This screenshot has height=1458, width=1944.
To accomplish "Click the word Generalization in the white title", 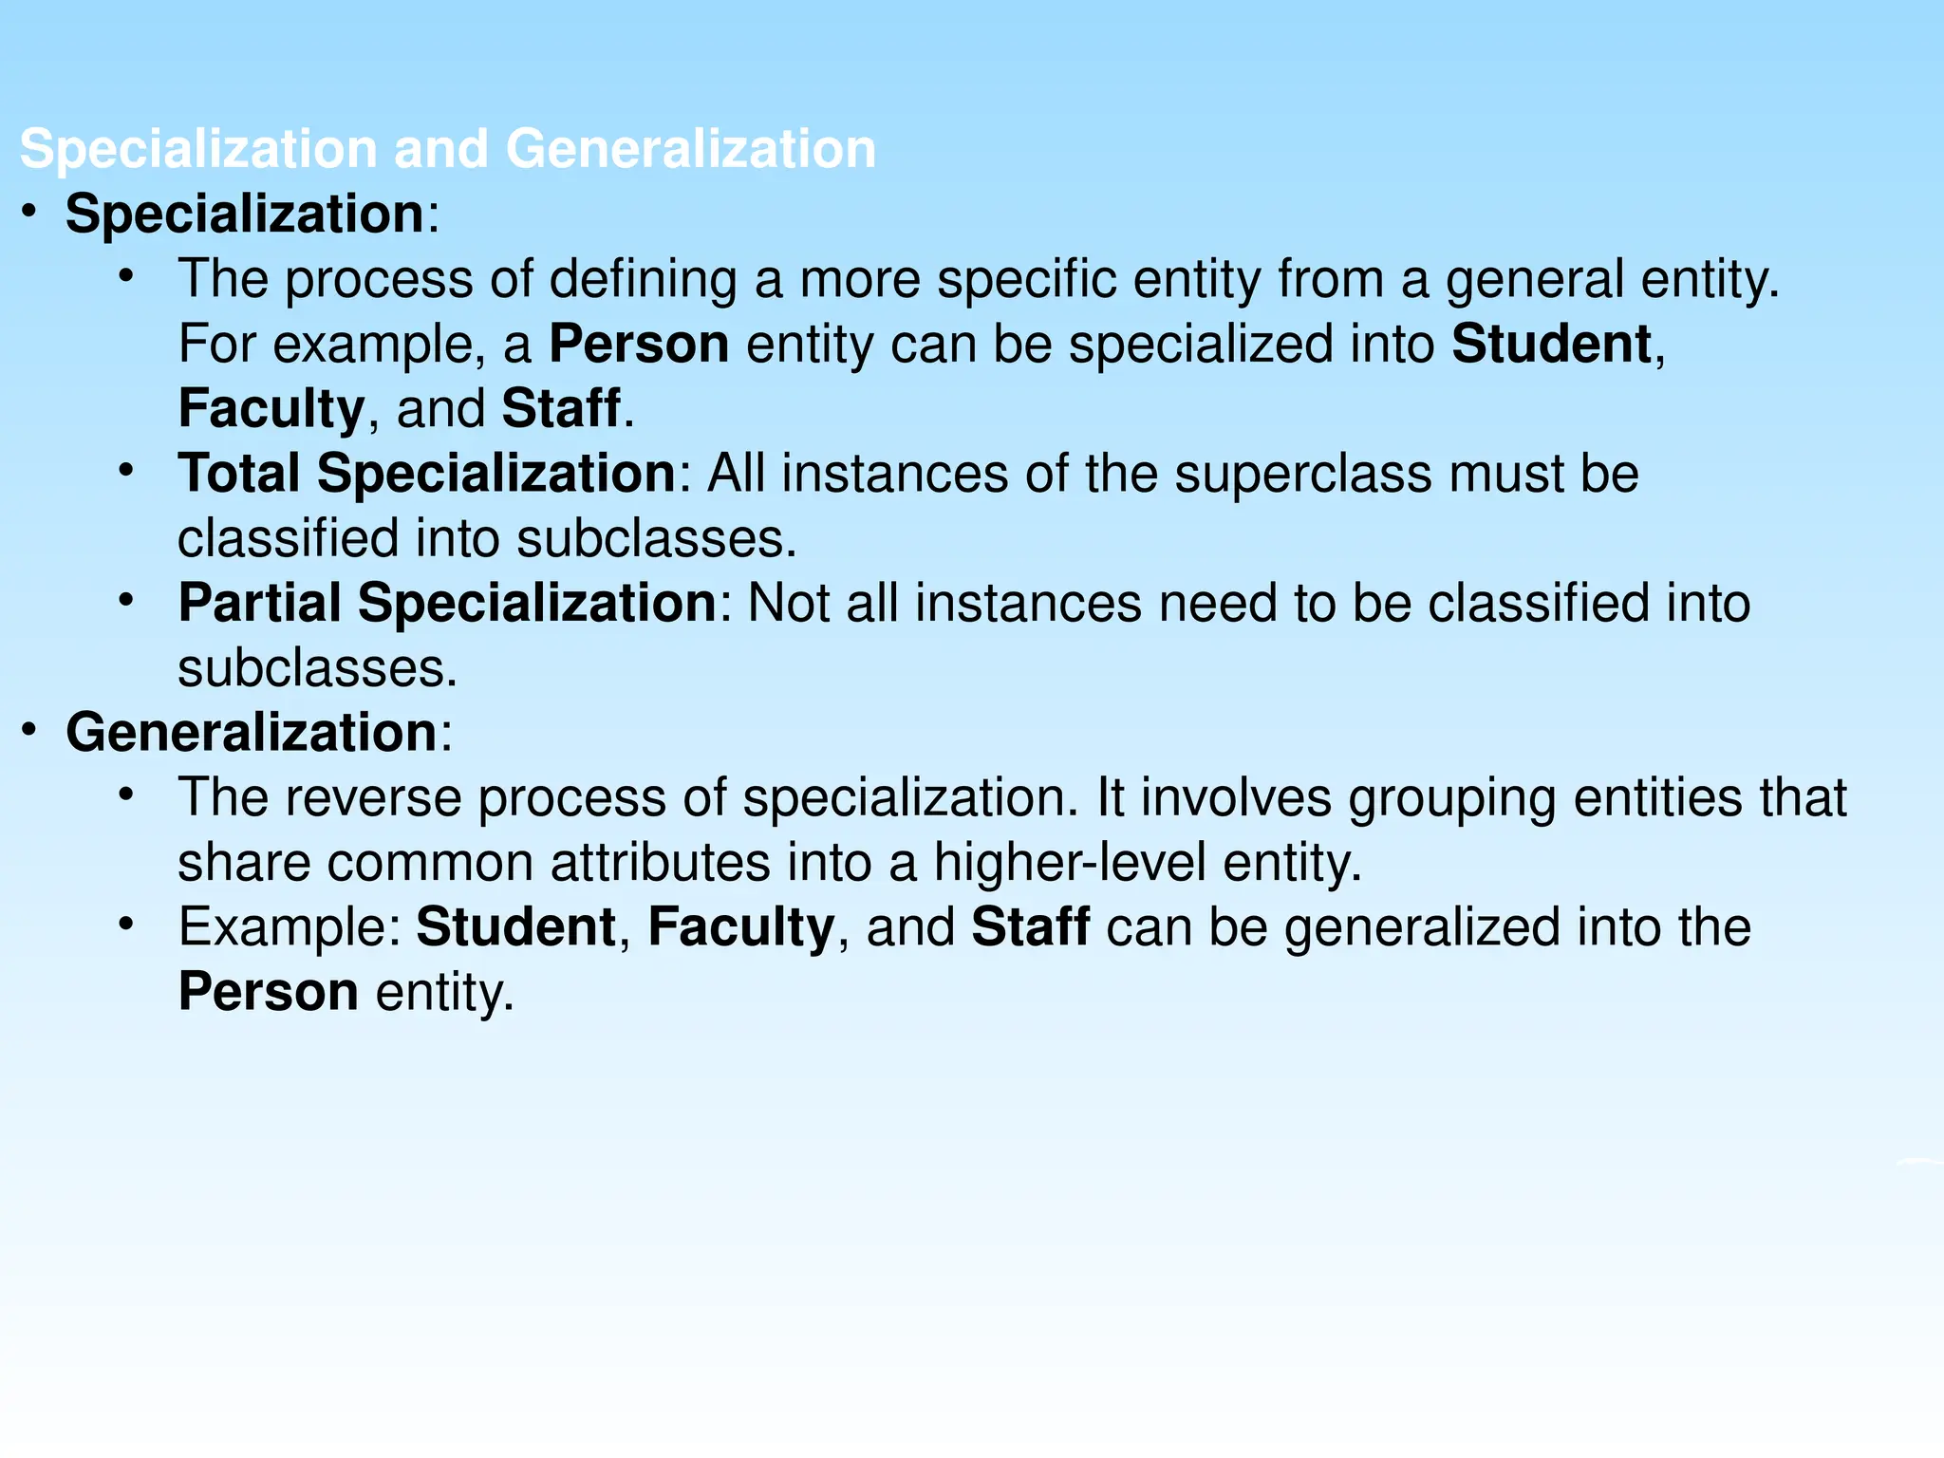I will (x=690, y=150).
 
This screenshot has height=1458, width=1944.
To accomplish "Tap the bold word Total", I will (x=239, y=473).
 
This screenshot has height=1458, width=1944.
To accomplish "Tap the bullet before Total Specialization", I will (x=126, y=469).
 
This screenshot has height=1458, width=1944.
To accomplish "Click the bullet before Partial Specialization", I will (x=126, y=599).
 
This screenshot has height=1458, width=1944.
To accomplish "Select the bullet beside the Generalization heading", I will (x=29, y=729).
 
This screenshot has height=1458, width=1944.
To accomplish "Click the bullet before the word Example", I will (x=126, y=924).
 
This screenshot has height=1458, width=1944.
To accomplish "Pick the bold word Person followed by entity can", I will (x=639, y=344).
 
